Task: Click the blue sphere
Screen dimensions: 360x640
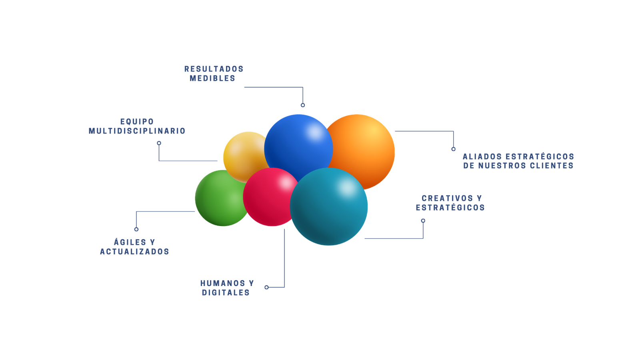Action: [298, 146]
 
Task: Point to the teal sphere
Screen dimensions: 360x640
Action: [329, 207]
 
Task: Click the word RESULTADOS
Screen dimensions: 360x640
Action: [214, 69]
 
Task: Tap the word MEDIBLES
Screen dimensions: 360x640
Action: [212, 78]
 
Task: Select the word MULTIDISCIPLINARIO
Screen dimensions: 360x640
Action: [137, 131]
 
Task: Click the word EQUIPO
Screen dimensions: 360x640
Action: [137, 121]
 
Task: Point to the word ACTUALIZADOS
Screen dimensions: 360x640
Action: [134, 252]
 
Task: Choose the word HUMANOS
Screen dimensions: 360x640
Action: [222, 283]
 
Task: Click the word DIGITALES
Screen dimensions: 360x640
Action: [226, 293]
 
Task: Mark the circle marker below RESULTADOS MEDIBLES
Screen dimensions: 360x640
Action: [303, 105]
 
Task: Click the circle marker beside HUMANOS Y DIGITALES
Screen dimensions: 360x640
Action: [266, 287]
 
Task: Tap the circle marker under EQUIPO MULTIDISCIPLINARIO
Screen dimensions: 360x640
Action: [159, 143]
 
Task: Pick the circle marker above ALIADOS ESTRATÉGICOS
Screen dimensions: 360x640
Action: [453, 149]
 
